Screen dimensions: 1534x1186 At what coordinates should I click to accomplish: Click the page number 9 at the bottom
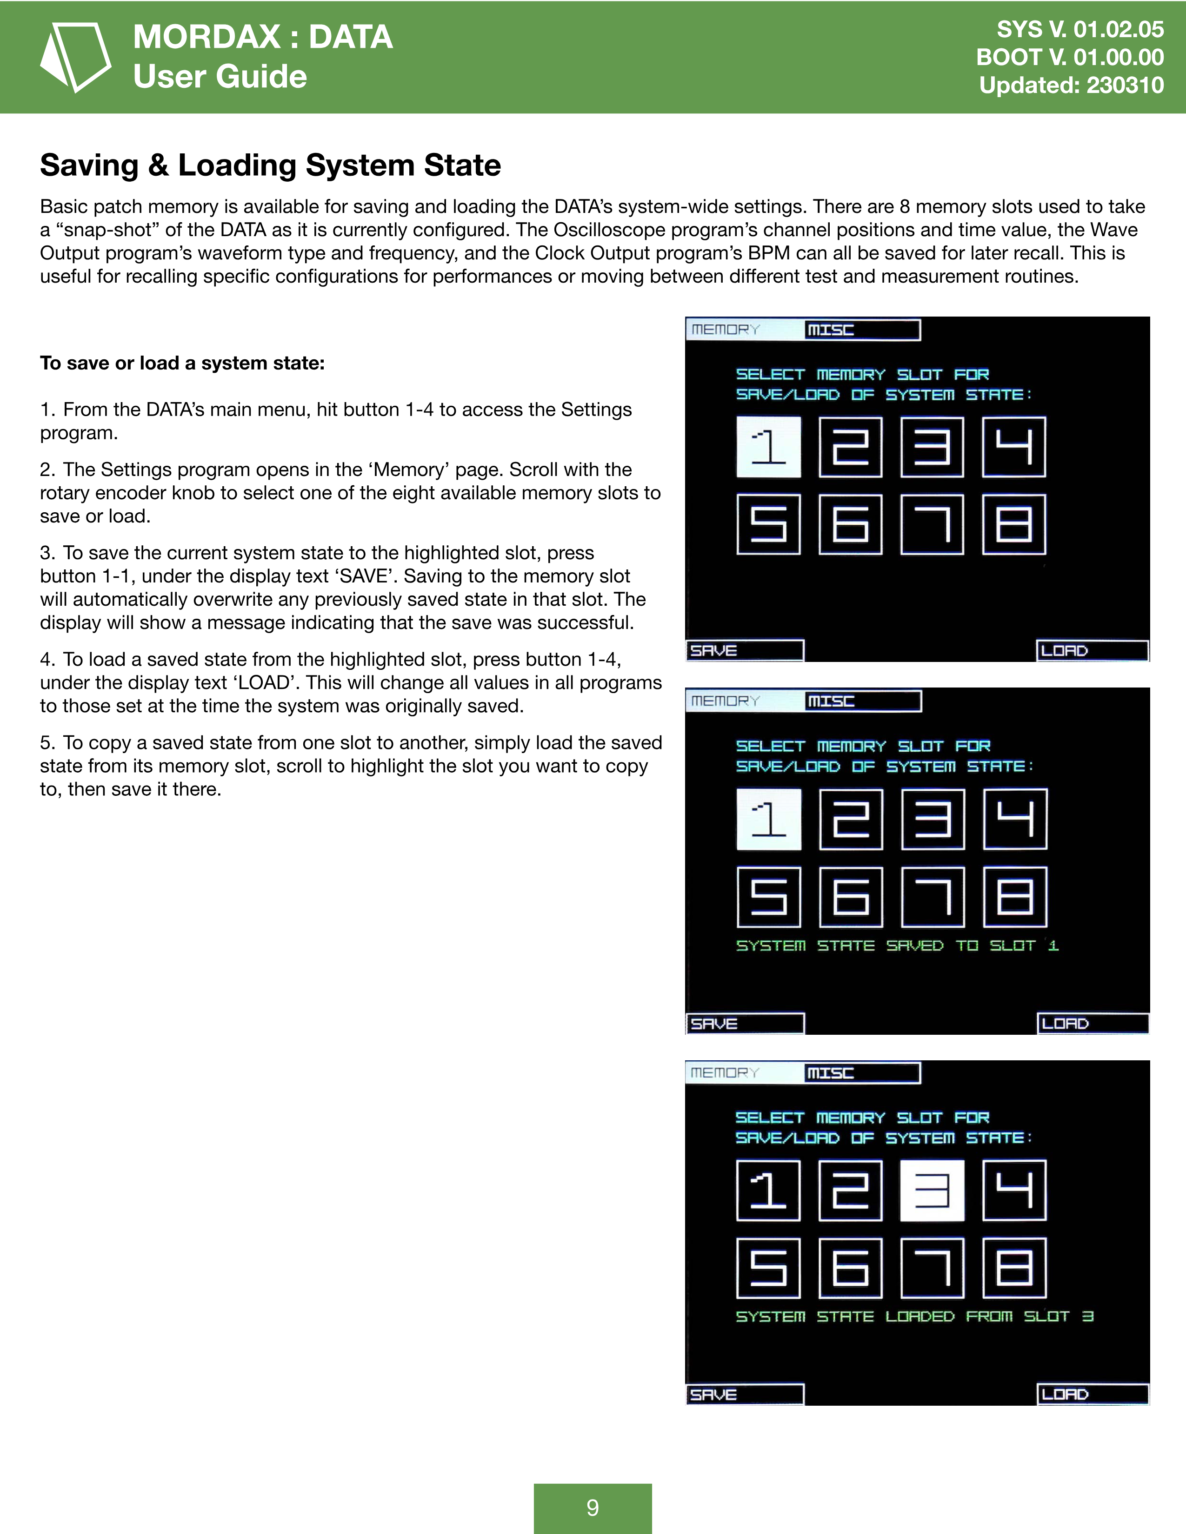point(592,1508)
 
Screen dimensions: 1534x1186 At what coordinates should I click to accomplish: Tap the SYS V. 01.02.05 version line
point(1080,29)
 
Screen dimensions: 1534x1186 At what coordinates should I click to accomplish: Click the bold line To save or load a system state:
point(182,363)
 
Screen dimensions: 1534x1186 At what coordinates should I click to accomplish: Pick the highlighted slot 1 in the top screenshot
point(769,447)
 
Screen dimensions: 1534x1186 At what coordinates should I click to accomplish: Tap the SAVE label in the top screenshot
point(714,650)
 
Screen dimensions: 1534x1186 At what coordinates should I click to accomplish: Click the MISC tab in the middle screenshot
point(831,701)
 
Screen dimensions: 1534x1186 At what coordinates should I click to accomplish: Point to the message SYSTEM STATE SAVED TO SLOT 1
point(897,946)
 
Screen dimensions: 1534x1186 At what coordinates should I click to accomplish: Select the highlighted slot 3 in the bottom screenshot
point(932,1190)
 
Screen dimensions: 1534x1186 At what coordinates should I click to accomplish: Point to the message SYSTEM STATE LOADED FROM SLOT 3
point(914,1316)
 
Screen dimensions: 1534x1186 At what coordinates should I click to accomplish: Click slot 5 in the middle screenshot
point(769,897)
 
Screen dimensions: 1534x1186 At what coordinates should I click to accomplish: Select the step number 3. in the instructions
point(47,553)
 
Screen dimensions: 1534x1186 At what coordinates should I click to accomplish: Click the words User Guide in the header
point(220,76)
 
